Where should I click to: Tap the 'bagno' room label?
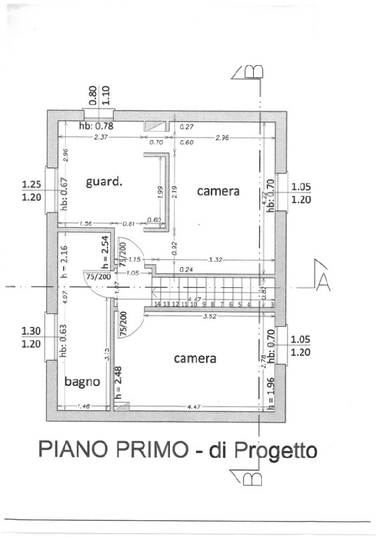point(82,382)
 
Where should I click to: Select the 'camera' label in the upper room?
point(218,191)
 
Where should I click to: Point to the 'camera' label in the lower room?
point(195,358)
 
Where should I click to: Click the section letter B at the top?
point(254,72)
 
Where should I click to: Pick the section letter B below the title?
point(254,478)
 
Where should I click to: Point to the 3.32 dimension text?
point(216,258)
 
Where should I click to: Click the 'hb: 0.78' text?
point(96,126)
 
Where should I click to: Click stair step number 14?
point(157,304)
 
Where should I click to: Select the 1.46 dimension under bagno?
point(84,406)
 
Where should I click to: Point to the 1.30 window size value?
point(32,331)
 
